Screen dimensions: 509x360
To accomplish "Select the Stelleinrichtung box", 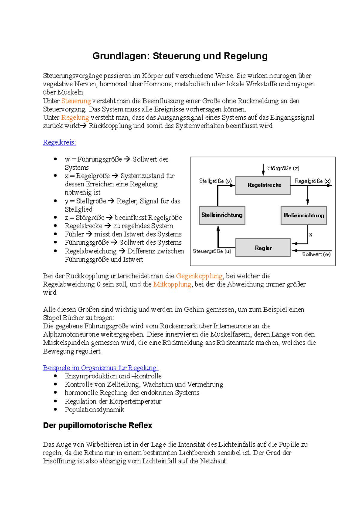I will [x=222, y=215].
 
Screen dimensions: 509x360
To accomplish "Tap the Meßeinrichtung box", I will [x=304, y=215].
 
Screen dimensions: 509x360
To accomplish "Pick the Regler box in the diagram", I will [x=263, y=248].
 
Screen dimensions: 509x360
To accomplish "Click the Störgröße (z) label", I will [x=283, y=168].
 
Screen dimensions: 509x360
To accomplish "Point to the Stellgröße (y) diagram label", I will [x=215, y=181].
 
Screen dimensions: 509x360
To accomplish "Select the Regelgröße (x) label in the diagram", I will [x=312, y=181].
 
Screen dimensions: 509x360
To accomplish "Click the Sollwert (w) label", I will [x=316, y=254].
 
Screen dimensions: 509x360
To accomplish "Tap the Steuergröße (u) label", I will [x=212, y=251].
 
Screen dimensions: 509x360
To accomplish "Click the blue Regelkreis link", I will [x=59, y=142].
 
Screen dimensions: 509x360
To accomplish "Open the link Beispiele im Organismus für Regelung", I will [x=100, y=368].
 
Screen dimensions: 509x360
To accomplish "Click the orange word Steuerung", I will [x=76, y=101].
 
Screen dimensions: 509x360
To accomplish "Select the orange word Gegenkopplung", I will [x=199, y=276].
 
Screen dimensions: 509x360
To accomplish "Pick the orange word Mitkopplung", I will [x=172, y=284].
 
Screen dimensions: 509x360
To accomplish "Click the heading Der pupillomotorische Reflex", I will [x=97, y=425].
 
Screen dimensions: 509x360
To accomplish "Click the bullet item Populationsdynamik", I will [x=94, y=409].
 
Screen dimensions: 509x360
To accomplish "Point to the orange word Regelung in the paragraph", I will [x=75, y=118].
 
